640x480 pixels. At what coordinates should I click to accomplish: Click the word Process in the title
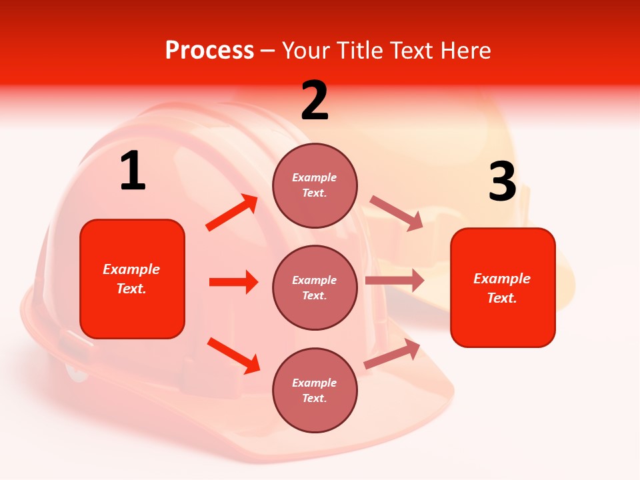coord(209,51)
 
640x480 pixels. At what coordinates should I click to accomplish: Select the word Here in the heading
coord(465,51)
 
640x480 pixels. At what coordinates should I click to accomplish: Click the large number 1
coord(133,171)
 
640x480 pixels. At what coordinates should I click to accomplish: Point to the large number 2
coord(315,101)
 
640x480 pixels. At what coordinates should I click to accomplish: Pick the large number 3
coord(502,182)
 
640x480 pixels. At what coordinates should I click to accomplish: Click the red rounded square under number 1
coord(132,279)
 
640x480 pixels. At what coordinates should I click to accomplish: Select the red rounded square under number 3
coord(503,287)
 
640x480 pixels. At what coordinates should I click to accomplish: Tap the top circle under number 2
coord(315,185)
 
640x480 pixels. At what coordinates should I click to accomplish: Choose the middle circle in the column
coord(315,287)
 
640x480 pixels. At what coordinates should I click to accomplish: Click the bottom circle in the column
coord(315,390)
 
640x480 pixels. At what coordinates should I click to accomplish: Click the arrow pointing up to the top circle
coord(232,213)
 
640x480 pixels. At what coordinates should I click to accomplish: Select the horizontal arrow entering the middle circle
coord(233,282)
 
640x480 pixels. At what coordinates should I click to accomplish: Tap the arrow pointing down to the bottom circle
coord(233,355)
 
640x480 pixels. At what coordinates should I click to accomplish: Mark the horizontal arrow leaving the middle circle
coord(395,281)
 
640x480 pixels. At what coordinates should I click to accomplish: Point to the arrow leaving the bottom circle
coord(392,354)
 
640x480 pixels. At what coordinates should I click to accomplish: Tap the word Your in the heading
coord(305,51)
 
